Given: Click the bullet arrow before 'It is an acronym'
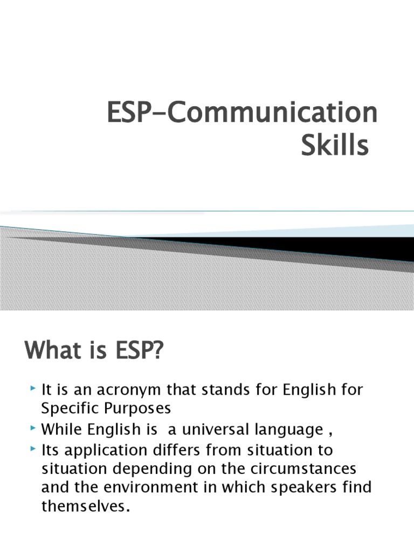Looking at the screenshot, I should [34, 388].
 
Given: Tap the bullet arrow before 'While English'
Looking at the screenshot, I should [34, 428].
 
